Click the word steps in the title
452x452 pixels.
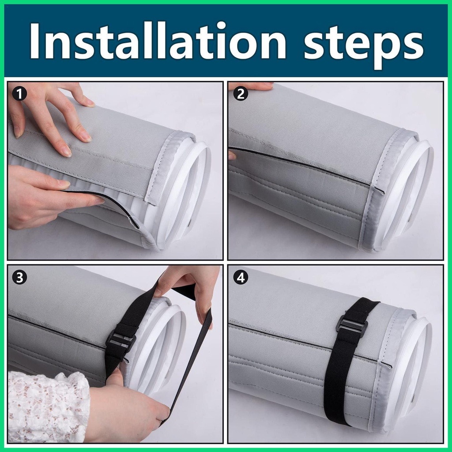[x=364, y=45]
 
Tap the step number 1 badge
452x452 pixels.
[x=19, y=94]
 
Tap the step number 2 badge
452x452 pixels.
[x=241, y=94]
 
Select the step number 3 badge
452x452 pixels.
[x=19, y=278]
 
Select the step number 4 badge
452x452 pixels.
[x=241, y=278]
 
